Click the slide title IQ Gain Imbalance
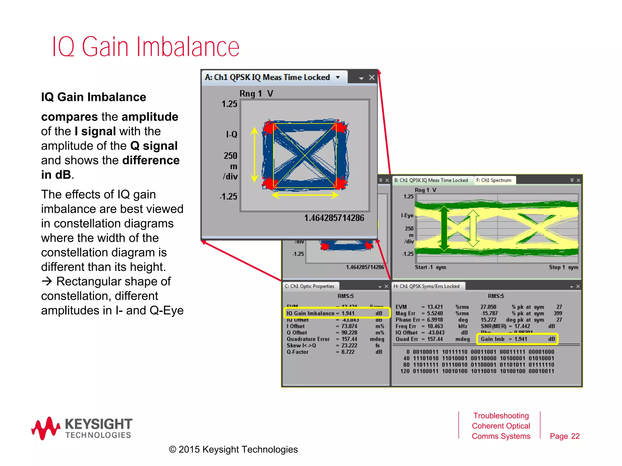(146, 47)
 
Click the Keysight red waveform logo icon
(46, 428)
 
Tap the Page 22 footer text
(565, 436)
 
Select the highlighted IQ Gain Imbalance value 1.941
(348, 313)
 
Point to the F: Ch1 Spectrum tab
(494, 180)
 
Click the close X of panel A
(371, 78)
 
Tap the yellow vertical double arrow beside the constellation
(255, 155)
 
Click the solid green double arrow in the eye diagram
(444, 228)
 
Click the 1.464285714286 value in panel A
(334, 218)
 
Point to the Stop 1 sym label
(563, 267)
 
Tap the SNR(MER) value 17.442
(522, 326)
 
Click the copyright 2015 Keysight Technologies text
(233, 449)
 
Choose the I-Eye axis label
(407, 215)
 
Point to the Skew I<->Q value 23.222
(349, 346)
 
